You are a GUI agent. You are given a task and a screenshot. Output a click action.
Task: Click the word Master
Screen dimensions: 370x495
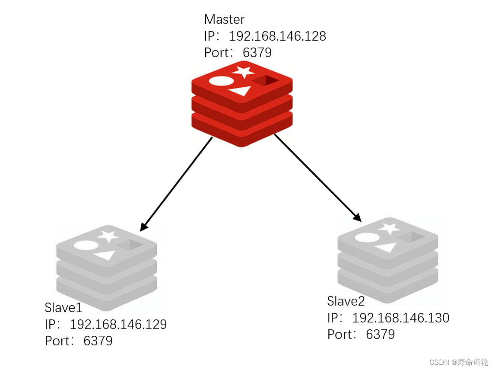pyautogui.click(x=224, y=19)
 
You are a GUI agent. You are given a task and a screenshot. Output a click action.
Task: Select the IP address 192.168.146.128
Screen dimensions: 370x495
pyautogui.click(x=277, y=36)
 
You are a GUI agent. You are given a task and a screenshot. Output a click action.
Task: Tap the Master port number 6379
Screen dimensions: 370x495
pyautogui.click(x=257, y=53)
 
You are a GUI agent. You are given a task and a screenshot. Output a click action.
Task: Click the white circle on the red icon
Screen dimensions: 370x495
pyautogui.click(x=221, y=81)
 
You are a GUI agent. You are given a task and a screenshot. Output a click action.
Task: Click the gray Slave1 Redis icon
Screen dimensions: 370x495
pyautogui.click(x=107, y=268)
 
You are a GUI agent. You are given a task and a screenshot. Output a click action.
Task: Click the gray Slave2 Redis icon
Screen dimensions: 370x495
pyautogui.click(x=387, y=259)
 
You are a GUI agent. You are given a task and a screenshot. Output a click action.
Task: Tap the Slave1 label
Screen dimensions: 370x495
pyautogui.click(x=63, y=308)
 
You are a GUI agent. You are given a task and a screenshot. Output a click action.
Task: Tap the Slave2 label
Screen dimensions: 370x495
pyautogui.click(x=346, y=301)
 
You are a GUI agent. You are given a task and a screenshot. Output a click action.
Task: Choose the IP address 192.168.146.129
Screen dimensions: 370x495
pyautogui.click(x=118, y=325)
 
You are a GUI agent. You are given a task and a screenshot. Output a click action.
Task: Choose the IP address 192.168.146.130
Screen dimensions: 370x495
pyautogui.click(x=400, y=318)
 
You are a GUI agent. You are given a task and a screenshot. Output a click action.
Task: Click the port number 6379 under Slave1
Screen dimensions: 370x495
pyautogui.click(x=98, y=341)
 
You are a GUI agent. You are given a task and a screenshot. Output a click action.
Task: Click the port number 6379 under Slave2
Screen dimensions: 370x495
pyautogui.click(x=380, y=335)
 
